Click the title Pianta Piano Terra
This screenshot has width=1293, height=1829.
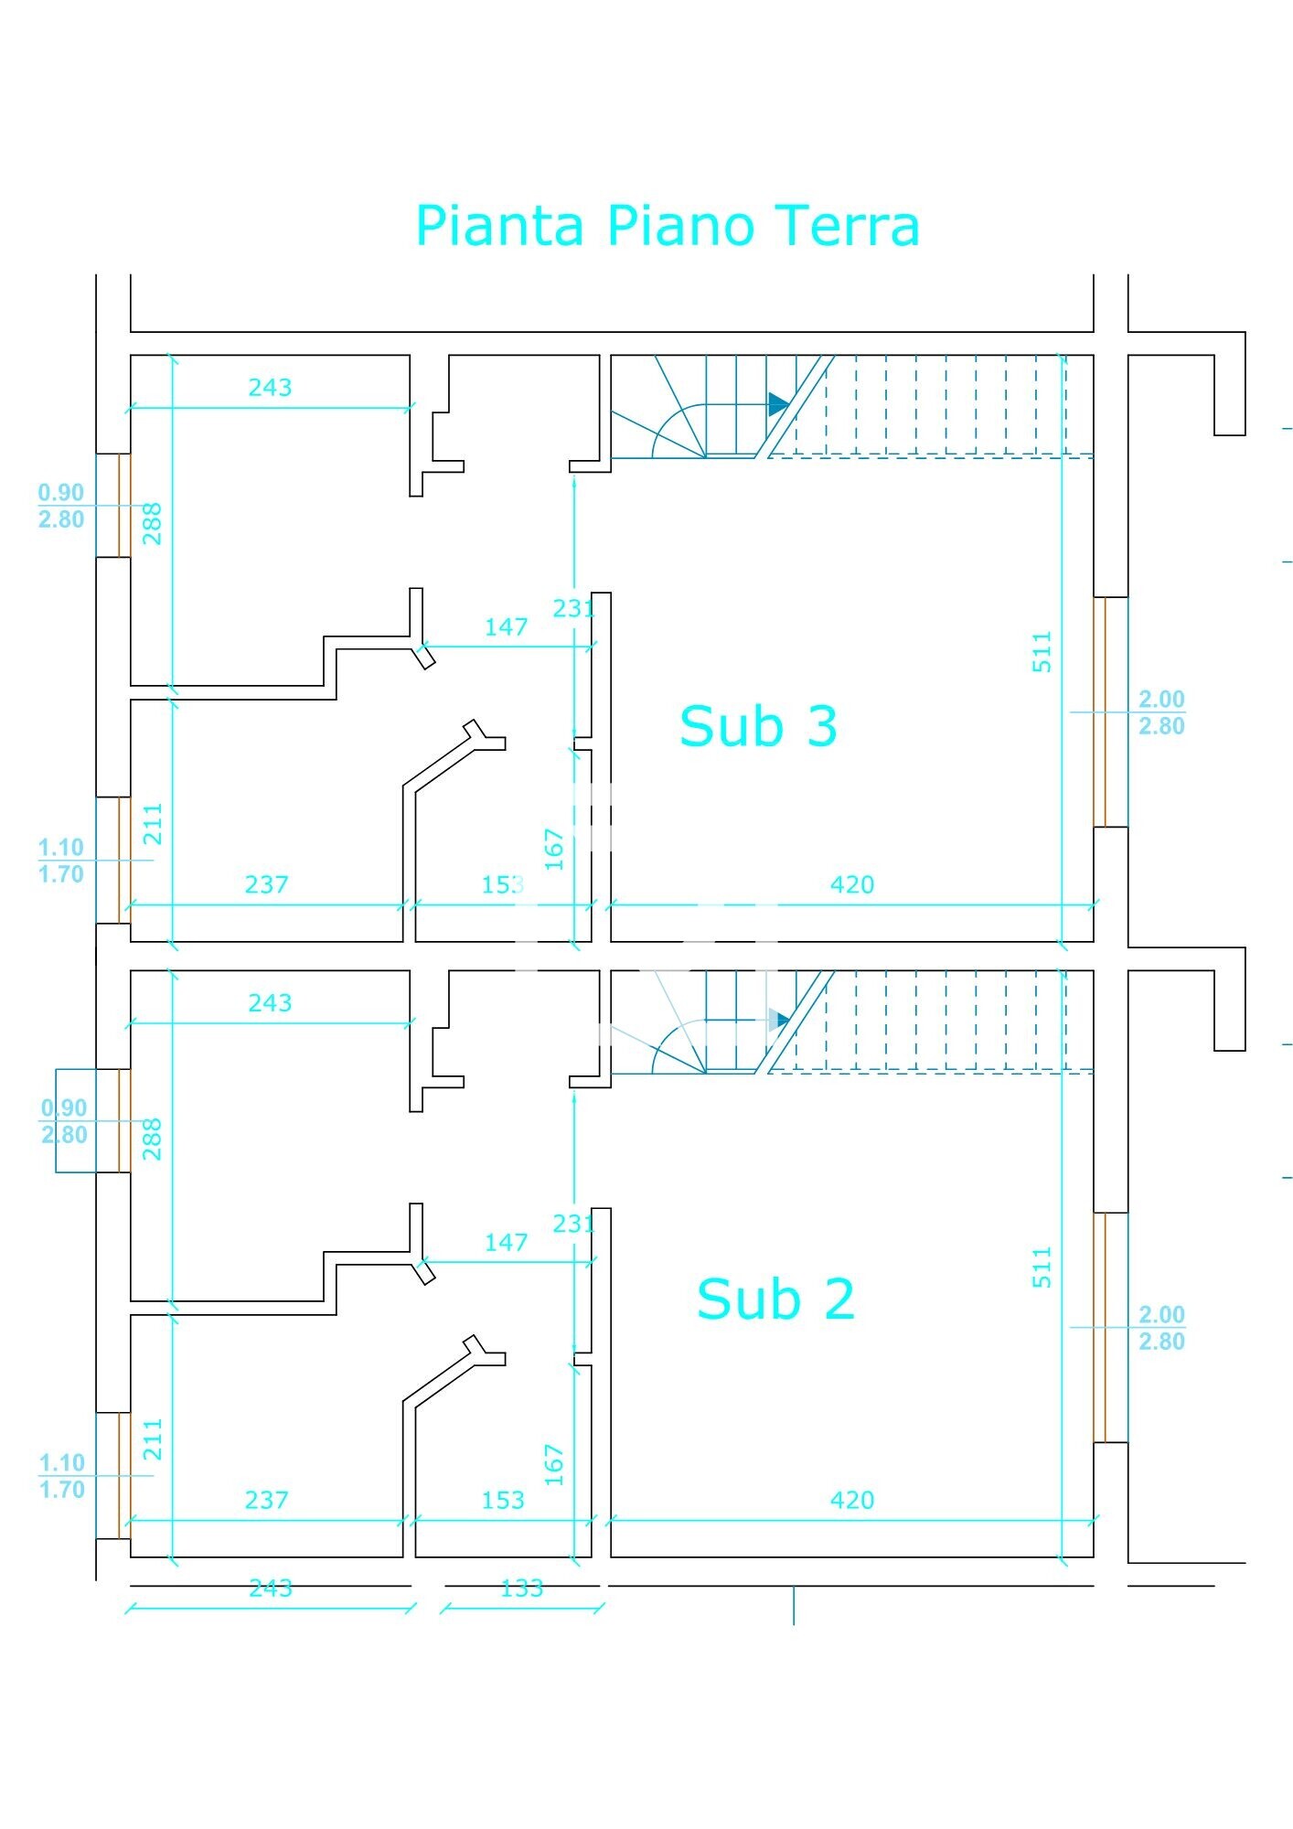[667, 226]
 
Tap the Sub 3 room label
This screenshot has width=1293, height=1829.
[758, 726]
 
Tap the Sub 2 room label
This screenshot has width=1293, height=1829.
[775, 1299]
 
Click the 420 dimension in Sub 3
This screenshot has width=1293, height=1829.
[851, 884]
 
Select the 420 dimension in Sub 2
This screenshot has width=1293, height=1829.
[851, 1500]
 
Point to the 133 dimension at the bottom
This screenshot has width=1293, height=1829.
[521, 1588]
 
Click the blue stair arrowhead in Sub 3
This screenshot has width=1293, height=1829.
[778, 404]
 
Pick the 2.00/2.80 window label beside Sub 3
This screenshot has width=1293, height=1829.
[1160, 712]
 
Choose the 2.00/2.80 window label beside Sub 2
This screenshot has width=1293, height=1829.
[1160, 1328]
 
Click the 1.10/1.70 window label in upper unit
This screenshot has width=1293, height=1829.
[61, 861]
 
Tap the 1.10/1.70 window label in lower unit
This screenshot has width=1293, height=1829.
[61, 1476]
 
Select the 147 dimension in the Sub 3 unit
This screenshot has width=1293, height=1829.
[506, 627]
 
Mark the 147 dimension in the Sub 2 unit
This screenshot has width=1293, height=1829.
[506, 1243]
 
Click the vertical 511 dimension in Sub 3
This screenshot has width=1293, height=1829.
[1042, 652]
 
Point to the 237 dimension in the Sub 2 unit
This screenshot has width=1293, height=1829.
[266, 1500]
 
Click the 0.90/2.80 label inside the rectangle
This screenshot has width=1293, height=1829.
[64, 1121]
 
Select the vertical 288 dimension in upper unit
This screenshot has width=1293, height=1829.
[153, 523]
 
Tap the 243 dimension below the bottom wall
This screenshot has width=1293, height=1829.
[270, 1588]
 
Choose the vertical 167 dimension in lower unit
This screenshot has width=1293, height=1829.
[554, 1464]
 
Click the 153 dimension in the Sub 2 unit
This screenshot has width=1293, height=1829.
[502, 1500]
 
